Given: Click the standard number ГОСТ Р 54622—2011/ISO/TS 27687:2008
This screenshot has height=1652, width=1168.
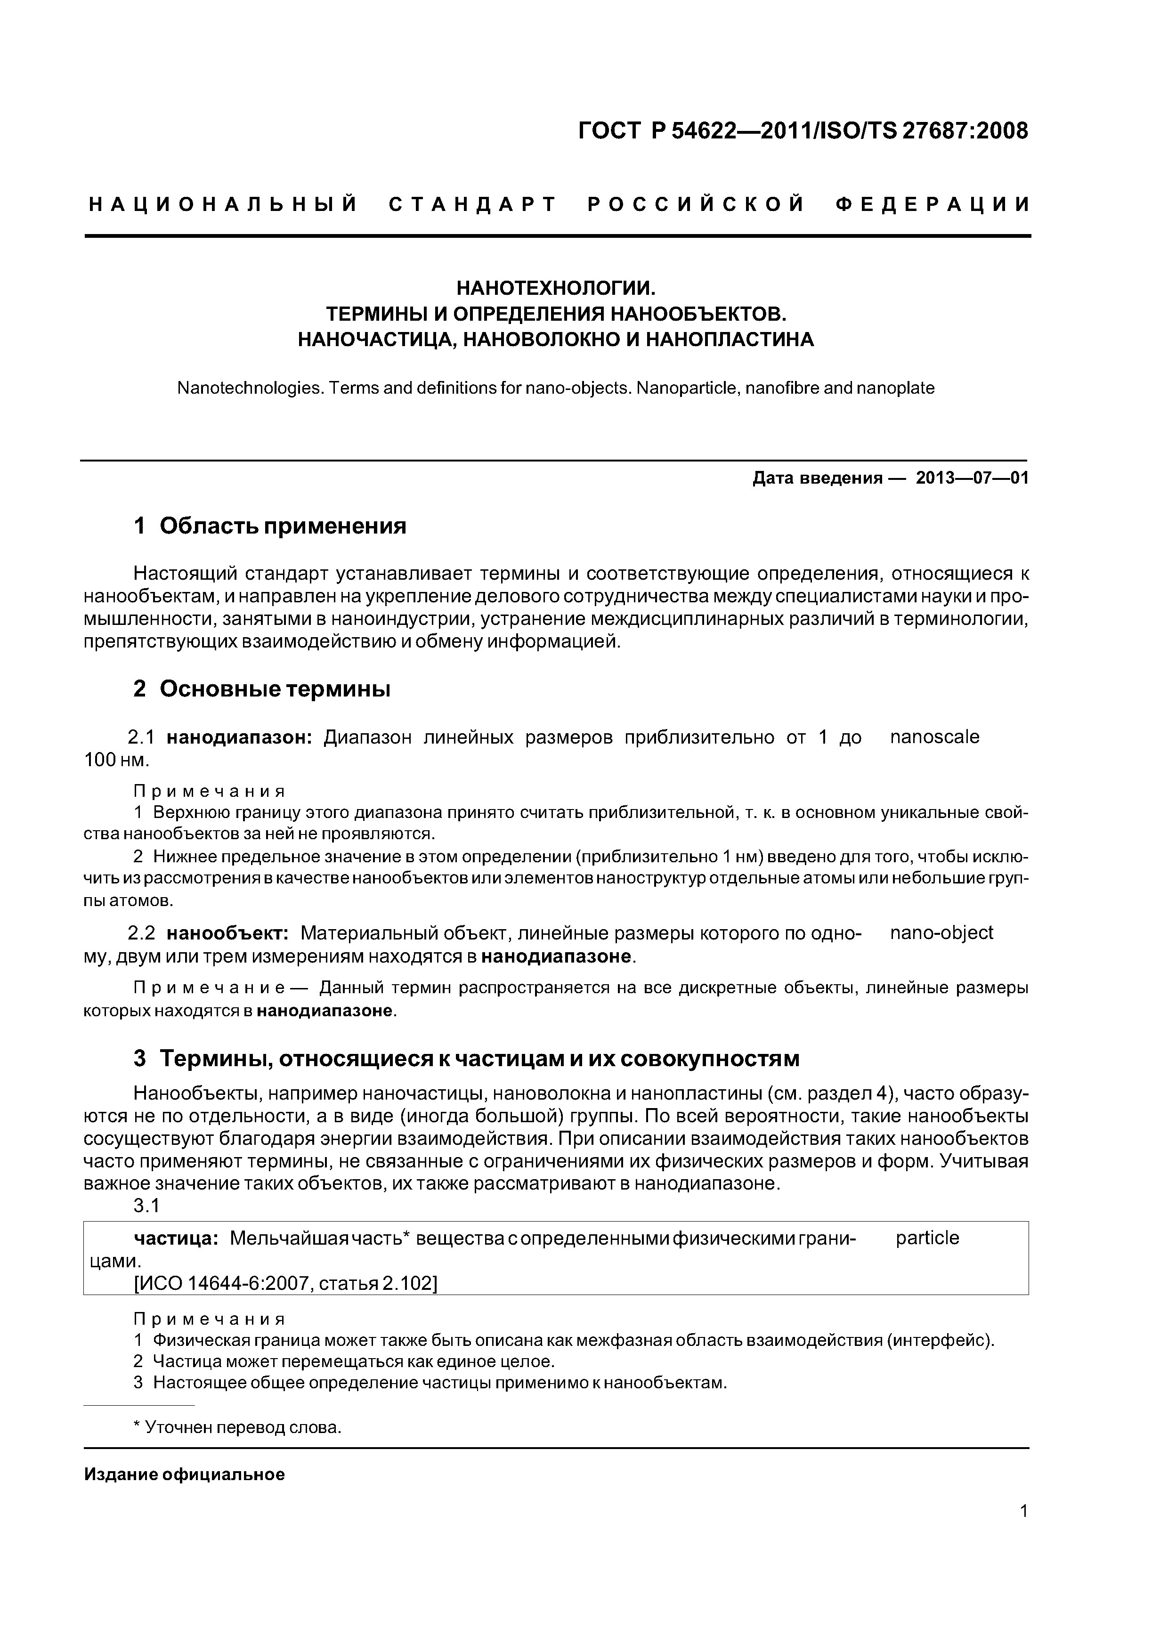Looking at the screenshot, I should [x=803, y=131].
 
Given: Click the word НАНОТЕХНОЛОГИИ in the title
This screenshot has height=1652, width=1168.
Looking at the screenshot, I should [x=556, y=289].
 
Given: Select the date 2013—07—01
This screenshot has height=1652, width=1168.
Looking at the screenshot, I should [x=972, y=478].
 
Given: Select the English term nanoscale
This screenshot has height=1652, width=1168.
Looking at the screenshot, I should [x=934, y=737].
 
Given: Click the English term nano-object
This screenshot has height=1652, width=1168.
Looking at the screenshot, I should [x=941, y=933].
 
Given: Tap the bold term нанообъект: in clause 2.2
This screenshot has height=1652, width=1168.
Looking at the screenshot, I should [x=227, y=934].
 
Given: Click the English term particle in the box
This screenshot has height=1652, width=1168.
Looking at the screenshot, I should [x=927, y=1238].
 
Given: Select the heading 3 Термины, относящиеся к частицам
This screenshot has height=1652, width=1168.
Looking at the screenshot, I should [x=466, y=1059].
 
